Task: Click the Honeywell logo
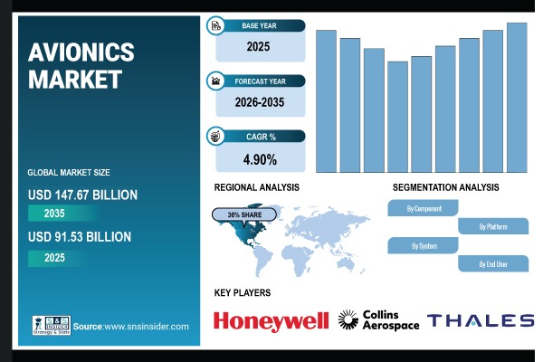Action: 271,320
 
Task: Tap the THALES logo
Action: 481,320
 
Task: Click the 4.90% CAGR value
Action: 259,159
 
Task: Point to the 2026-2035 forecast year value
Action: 259,102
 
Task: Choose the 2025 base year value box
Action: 259,44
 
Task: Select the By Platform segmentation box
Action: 493,226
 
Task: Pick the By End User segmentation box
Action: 493,264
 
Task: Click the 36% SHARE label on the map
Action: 243,215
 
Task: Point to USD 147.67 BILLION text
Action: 82,195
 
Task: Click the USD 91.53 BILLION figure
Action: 80,237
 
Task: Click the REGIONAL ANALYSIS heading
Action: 256,187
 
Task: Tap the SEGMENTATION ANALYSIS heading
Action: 445,187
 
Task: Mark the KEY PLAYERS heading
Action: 242,292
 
